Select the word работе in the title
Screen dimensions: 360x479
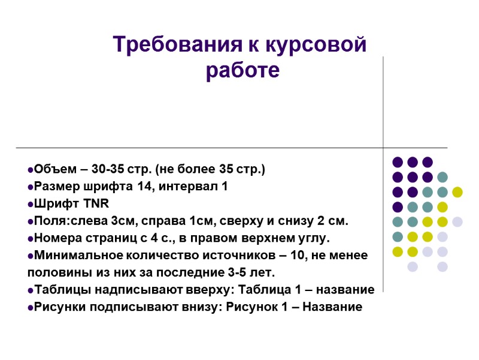click(242, 71)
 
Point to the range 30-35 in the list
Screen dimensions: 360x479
click(105, 169)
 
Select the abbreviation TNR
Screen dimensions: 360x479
click(97, 204)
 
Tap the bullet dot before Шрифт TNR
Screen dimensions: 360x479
click(30, 205)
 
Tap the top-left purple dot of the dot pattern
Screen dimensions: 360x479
click(398, 162)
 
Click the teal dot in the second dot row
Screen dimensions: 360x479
click(442, 177)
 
